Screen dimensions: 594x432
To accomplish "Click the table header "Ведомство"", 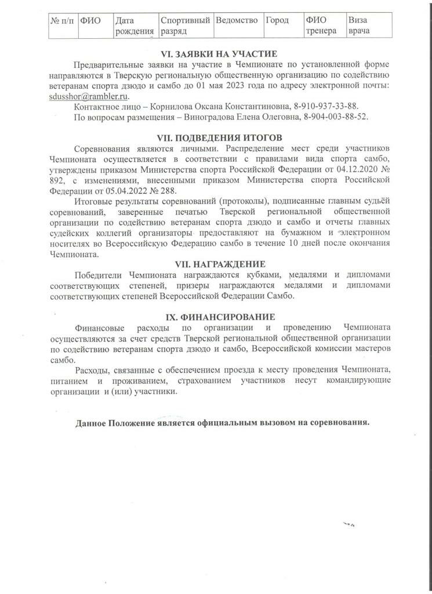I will click(237, 20).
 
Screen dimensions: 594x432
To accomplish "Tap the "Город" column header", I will click(277, 20).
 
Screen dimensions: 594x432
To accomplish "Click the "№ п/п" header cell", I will click(61, 20).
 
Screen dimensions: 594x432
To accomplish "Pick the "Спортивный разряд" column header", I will click(184, 25).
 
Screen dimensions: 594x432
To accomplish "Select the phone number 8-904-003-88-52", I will click(336, 117).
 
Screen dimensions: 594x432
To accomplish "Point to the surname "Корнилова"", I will click(161, 107).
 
